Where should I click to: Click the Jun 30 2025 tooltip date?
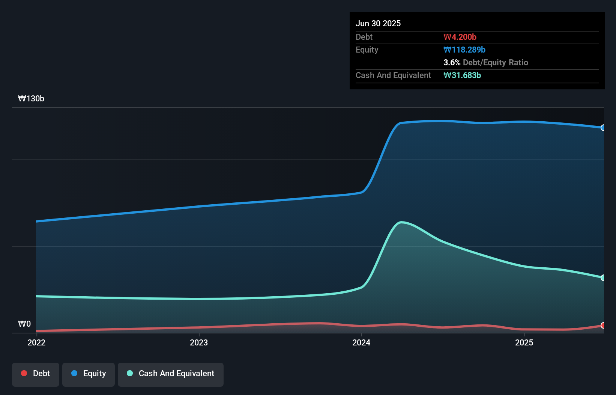coord(378,23)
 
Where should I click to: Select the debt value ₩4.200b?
coord(460,37)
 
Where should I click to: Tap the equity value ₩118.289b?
coord(464,50)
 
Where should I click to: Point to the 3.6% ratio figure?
coord(452,62)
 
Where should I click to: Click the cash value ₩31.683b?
coord(462,75)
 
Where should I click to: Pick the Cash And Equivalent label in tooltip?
coord(393,75)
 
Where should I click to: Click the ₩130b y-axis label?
coord(31,98)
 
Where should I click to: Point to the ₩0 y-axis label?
coord(24,324)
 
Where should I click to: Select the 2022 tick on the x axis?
coord(36,342)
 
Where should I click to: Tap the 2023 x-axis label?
coord(199,342)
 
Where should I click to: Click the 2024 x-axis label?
coord(361,342)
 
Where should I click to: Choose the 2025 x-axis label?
coord(524,342)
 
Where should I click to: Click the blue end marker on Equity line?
coord(603,128)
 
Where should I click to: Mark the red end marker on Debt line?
coord(603,325)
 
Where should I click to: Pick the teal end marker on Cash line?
coord(603,278)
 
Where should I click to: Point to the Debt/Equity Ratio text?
coord(495,62)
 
